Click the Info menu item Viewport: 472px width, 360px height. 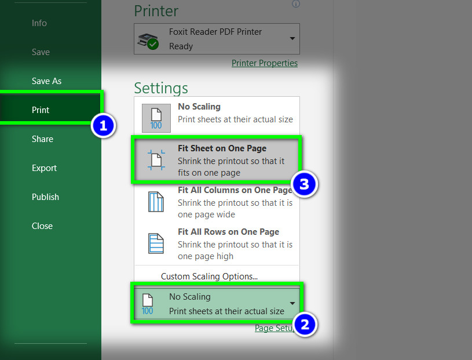click(39, 23)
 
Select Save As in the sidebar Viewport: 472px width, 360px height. click(47, 81)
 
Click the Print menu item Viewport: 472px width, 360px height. click(41, 110)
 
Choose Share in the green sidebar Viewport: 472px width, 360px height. click(42, 139)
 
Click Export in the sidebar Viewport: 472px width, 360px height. click(44, 168)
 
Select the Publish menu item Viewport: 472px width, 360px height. click(45, 197)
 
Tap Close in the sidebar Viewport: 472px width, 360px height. click(42, 226)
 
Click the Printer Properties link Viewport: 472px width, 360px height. click(265, 63)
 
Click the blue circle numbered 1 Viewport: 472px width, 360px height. click(103, 126)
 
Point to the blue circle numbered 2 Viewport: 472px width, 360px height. click(305, 325)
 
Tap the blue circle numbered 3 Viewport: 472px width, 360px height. click(304, 184)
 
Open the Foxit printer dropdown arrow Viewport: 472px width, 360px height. click(292, 39)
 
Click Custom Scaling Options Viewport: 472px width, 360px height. click(209, 277)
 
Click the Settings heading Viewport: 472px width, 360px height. click(161, 88)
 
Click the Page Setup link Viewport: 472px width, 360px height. click(275, 328)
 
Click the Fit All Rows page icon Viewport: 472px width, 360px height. click(156, 243)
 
